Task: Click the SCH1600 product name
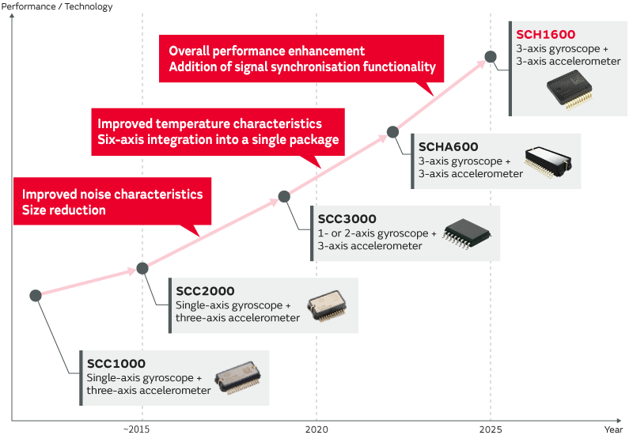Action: (x=545, y=34)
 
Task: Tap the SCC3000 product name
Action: (x=347, y=218)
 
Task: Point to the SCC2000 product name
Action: (x=205, y=290)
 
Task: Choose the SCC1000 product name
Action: (x=116, y=363)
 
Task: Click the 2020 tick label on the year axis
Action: (x=316, y=429)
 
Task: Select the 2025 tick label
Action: (x=491, y=429)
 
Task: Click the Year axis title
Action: (x=613, y=429)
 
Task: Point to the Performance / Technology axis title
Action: (x=57, y=6)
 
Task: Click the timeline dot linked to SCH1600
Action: (x=491, y=57)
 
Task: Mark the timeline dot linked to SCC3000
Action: (x=284, y=196)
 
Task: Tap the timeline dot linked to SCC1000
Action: (x=36, y=296)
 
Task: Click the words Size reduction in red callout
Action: (x=63, y=210)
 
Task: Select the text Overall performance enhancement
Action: (x=267, y=51)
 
